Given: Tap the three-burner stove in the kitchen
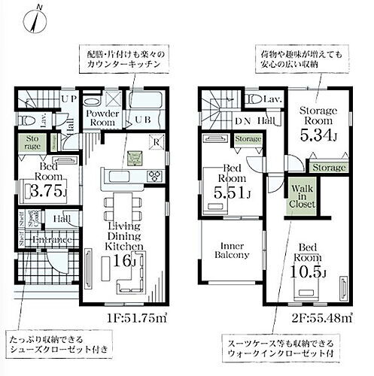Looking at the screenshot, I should point(154,177).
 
